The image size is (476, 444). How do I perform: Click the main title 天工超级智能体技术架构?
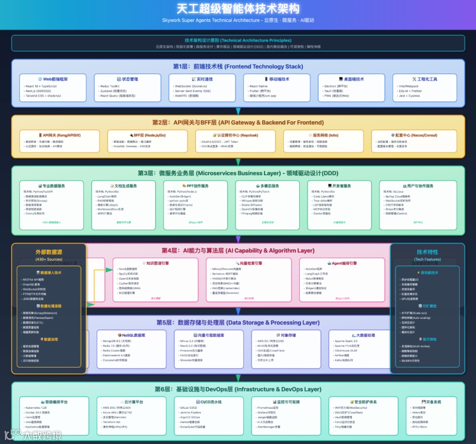tap(238, 9)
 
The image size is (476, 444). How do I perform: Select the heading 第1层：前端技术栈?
tap(238, 67)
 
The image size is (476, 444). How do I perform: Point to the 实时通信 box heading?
tap(202, 79)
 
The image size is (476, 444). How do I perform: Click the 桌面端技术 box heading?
tap(351, 79)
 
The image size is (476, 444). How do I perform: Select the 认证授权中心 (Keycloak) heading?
tap(235, 135)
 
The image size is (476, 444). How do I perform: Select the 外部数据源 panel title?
tap(49, 252)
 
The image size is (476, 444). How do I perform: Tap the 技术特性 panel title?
tap(428, 252)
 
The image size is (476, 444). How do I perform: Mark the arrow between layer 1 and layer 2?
tap(238, 111)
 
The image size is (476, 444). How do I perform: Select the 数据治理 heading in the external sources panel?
tap(49, 340)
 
